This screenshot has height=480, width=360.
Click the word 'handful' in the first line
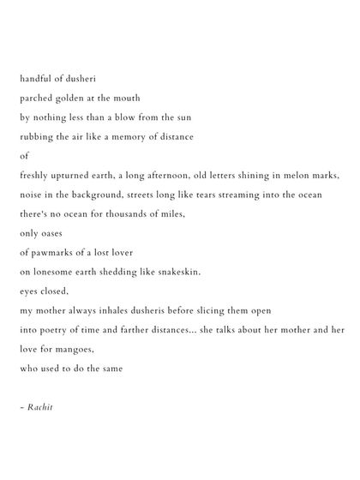click(x=35, y=78)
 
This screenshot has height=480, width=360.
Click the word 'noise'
click(x=31, y=195)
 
